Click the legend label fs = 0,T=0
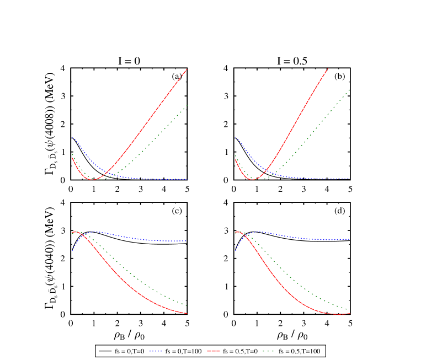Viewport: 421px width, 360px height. point(130,351)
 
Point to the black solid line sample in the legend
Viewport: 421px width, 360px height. point(105,351)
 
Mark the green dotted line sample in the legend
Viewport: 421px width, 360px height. point(269,351)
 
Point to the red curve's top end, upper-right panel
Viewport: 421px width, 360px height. point(328,69)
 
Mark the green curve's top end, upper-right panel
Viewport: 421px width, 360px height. point(349,89)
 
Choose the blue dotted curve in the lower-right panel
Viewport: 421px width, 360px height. point(303,238)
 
